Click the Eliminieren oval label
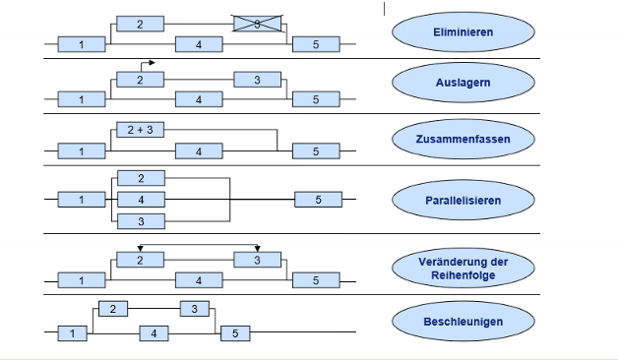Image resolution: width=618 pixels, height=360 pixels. [x=463, y=32]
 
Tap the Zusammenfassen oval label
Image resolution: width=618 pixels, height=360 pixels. [x=463, y=139]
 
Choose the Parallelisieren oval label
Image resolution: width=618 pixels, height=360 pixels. [x=463, y=200]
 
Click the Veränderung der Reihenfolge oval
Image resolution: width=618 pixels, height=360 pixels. [x=463, y=268]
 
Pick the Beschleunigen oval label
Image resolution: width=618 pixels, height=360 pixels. [x=463, y=321]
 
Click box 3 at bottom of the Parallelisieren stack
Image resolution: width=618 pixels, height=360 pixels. [x=140, y=221]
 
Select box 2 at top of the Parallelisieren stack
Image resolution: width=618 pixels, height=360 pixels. [x=140, y=178]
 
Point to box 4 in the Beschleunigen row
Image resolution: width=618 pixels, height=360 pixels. [x=154, y=334]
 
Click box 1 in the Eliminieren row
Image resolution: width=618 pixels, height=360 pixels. [x=82, y=44]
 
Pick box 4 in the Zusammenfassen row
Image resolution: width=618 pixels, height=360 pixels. [x=199, y=151]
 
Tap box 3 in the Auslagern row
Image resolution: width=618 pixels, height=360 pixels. [x=258, y=80]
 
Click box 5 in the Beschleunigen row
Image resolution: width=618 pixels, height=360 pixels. [x=234, y=334]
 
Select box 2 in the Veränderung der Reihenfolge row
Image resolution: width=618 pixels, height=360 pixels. [x=140, y=260]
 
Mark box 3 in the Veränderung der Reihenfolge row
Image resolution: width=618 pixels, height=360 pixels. [x=258, y=260]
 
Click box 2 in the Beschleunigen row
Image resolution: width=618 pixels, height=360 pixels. [x=113, y=309]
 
